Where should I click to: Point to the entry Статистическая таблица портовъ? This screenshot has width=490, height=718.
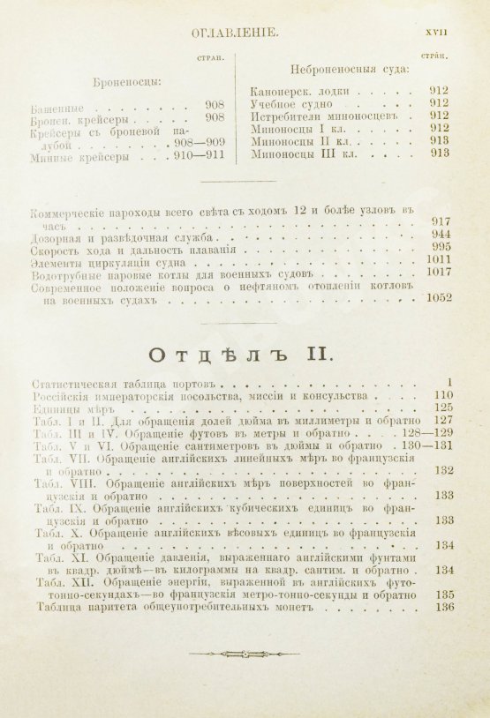coord(124,382)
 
